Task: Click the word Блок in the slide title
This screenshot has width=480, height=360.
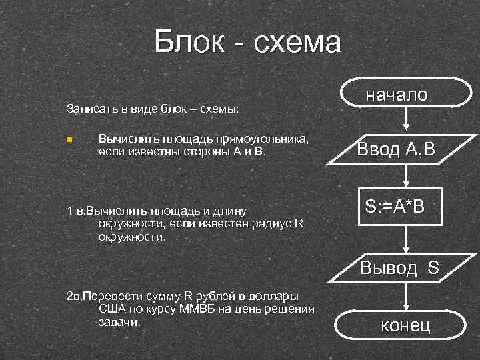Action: [188, 43]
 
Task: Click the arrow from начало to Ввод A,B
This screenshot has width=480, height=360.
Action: [406, 122]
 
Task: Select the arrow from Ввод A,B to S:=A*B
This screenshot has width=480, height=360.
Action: [406, 176]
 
